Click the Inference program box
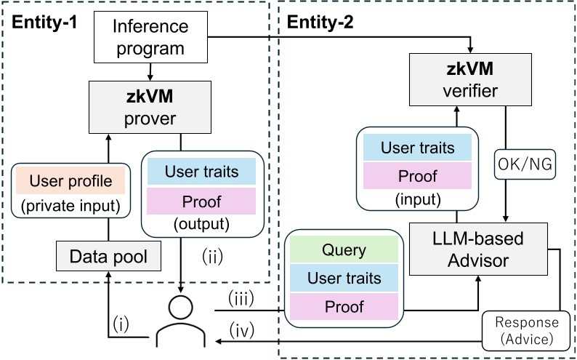150,38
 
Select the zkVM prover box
150,106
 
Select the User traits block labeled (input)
418,148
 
